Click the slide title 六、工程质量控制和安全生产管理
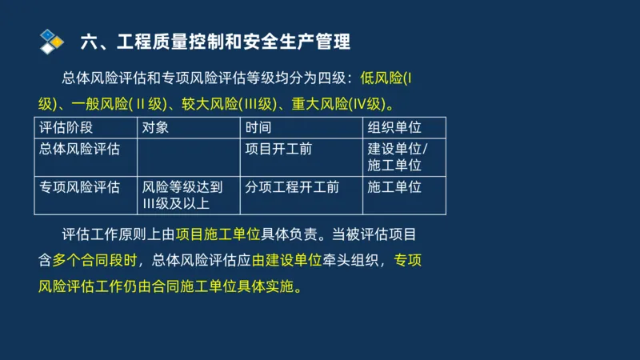[x=215, y=40]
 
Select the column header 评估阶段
[x=66, y=127]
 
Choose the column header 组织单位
[x=394, y=127]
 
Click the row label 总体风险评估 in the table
[x=79, y=149]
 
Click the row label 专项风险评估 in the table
[x=79, y=187]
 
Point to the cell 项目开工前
[x=278, y=149]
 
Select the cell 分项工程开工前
[x=292, y=187]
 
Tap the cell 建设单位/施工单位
[x=398, y=157]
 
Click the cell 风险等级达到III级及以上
[x=182, y=195]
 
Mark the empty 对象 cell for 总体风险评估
[x=189, y=157]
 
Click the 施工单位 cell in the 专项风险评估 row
[x=394, y=187]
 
